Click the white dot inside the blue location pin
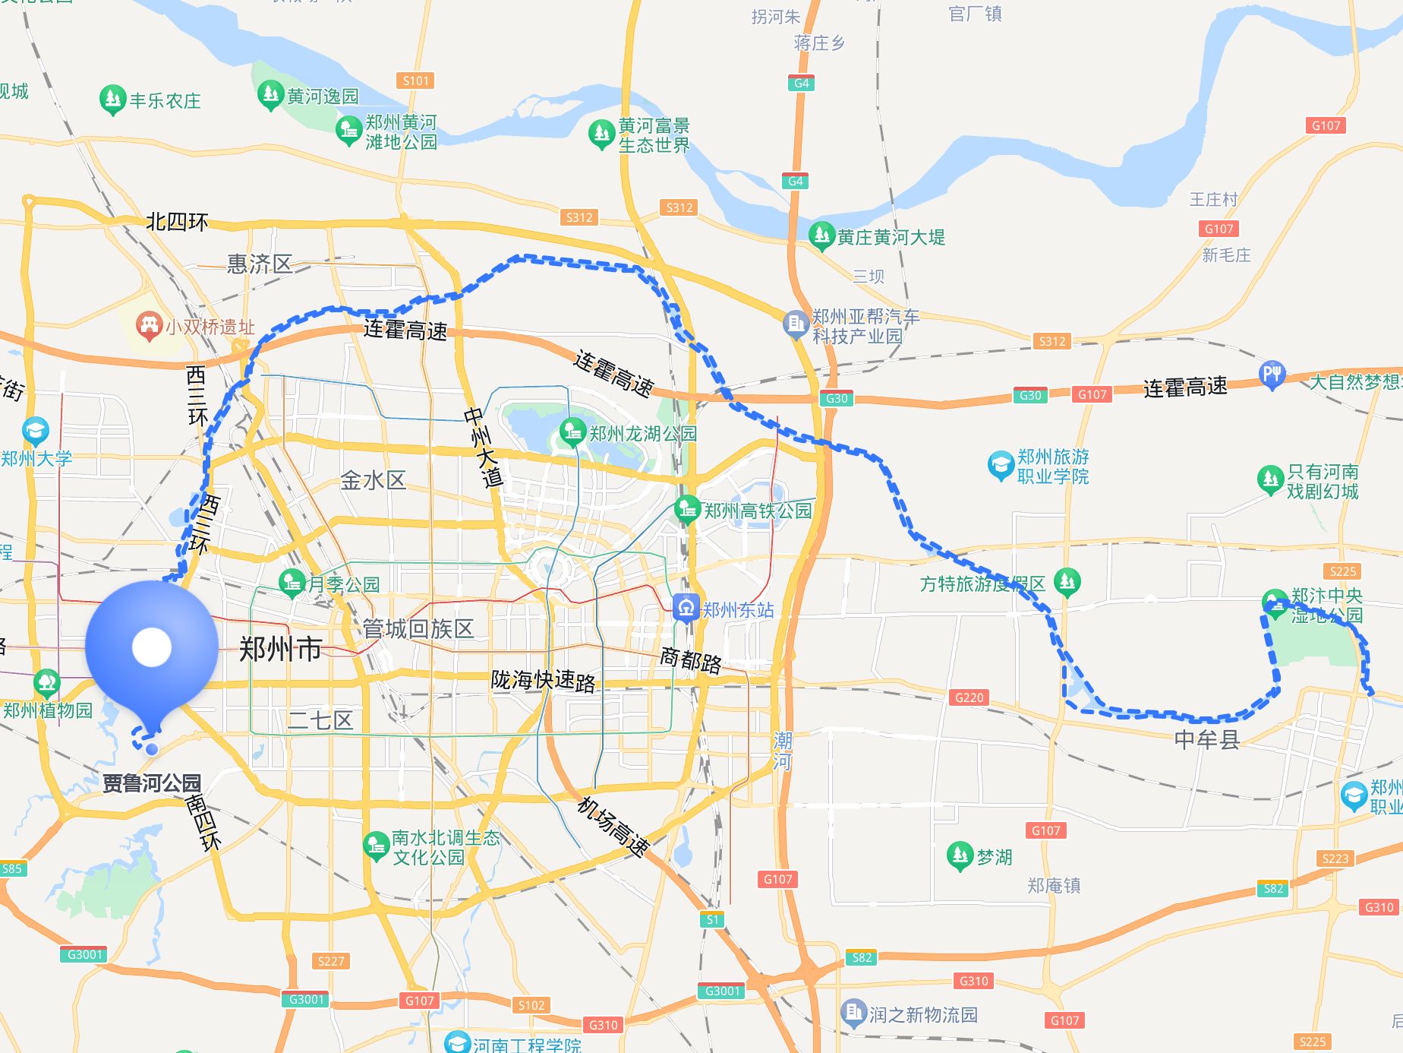(152, 647)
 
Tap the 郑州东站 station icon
(686, 608)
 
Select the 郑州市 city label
(281, 650)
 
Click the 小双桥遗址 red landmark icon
(148, 326)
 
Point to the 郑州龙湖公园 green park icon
(572, 432)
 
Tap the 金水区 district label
(373, 480)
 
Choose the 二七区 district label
(320, 720)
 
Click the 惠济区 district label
(260, 264)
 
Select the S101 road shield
(415, 81)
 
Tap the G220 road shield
(969, 697)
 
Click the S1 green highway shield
(712, 919)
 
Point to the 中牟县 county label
(1206, 739)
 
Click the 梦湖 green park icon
(960, 855)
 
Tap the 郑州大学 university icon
(35, 432)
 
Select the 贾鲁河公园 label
(152, 783)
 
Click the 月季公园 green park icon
(292, 583)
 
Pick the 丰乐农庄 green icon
(112, 99)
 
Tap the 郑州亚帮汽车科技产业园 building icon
(795, 324)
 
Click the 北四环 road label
(177, 222)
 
